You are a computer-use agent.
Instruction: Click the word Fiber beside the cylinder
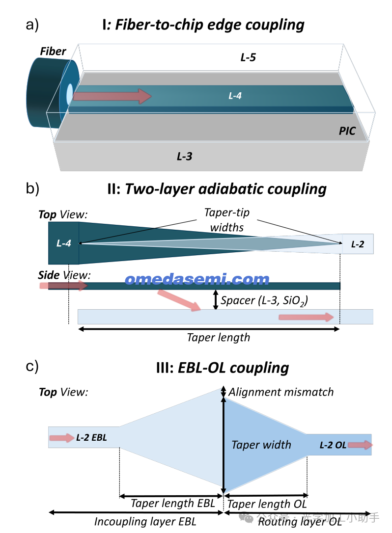pyautogui.click(x=53, y=52)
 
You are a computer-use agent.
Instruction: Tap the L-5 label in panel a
pyautogui.click(x=248, y=57)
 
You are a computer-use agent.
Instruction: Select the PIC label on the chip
pyautogui.click(x=347, y=131)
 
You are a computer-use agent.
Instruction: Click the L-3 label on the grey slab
pyautogui.click(x=184, y=157)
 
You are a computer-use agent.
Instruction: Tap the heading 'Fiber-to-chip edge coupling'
pyautogui.click(x=210, y=25)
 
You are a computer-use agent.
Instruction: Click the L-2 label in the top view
pyautogui.click(x=357, y=243)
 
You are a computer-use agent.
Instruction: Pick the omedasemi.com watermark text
pyautogui.click(x=197, y=279)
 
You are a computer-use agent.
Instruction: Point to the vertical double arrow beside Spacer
pyautogui.click(x=215, y=299)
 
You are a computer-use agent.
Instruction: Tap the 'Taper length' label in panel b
pyautogui.click(x=219, y=337)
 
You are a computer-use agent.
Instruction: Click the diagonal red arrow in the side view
pyautogui.click(x=179, y=300)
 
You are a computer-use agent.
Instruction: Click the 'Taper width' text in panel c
pyautogui.click(x=261, y=445)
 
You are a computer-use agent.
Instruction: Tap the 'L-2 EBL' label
pyautogui.click(x=91, y=437)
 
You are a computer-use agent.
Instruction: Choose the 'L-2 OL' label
pyautogui.click(x=333, y=445)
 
